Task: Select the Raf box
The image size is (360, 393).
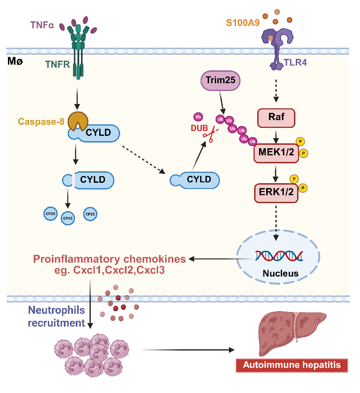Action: [x=277, y=117]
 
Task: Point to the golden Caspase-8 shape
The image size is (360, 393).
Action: [x=77, y=120]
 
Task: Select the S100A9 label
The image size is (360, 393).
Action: [x=242, y=23]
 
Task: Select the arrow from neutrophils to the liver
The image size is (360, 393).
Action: [x=186, y=350]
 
